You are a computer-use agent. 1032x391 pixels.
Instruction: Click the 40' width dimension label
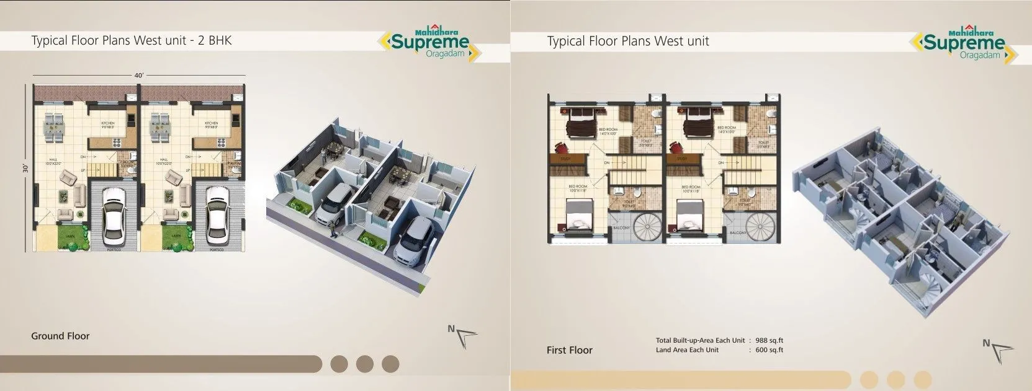(x=139, y=76)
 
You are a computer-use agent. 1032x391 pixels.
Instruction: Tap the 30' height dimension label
(x=25, y=168)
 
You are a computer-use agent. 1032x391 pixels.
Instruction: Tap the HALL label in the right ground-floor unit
(x=163, y=160)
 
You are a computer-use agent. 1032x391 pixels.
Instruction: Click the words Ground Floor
(x=60, y=336)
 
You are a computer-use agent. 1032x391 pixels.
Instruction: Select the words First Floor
(x=569, y=350)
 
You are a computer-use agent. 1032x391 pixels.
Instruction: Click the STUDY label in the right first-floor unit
(x=681, y=159)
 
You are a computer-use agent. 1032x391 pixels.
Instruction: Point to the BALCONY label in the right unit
(x=738, y=233)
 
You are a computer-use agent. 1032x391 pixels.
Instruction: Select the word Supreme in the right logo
(x=964, y=43)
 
